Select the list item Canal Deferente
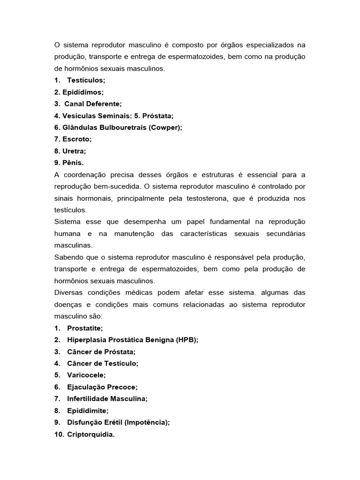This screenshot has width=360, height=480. click(93, 104)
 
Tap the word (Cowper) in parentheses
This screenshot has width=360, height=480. click(165, 127)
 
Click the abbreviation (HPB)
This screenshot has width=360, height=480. click(187, 340)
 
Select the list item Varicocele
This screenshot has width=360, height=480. click(87, 375)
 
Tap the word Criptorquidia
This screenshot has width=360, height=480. click(91, 434)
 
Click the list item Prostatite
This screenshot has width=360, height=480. click(85, 328)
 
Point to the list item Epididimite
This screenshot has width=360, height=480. click(88, 410)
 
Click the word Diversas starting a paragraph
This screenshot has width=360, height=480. click(68, 292)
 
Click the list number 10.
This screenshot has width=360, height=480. click(59, 434)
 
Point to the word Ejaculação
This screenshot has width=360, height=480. click(87, 387)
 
